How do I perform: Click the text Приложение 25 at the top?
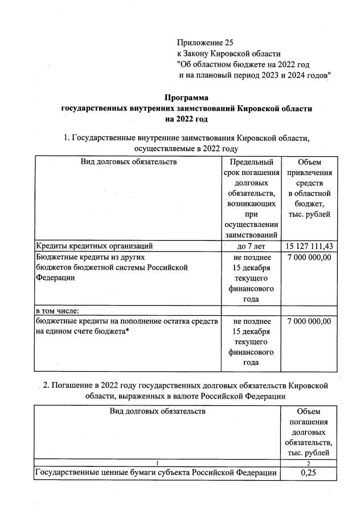click(205, 43)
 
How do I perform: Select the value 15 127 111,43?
click(309, 246)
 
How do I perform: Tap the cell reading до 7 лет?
click(251, 246)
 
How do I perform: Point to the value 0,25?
click(308, 473)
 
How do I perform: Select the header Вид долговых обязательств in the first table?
click(129, 162)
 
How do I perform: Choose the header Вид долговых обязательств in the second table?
click(157, 411)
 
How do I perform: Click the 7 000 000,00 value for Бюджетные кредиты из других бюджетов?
click(309, 257)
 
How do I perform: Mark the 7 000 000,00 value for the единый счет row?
click(309, 322)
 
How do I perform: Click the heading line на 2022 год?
click(186, 119)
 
